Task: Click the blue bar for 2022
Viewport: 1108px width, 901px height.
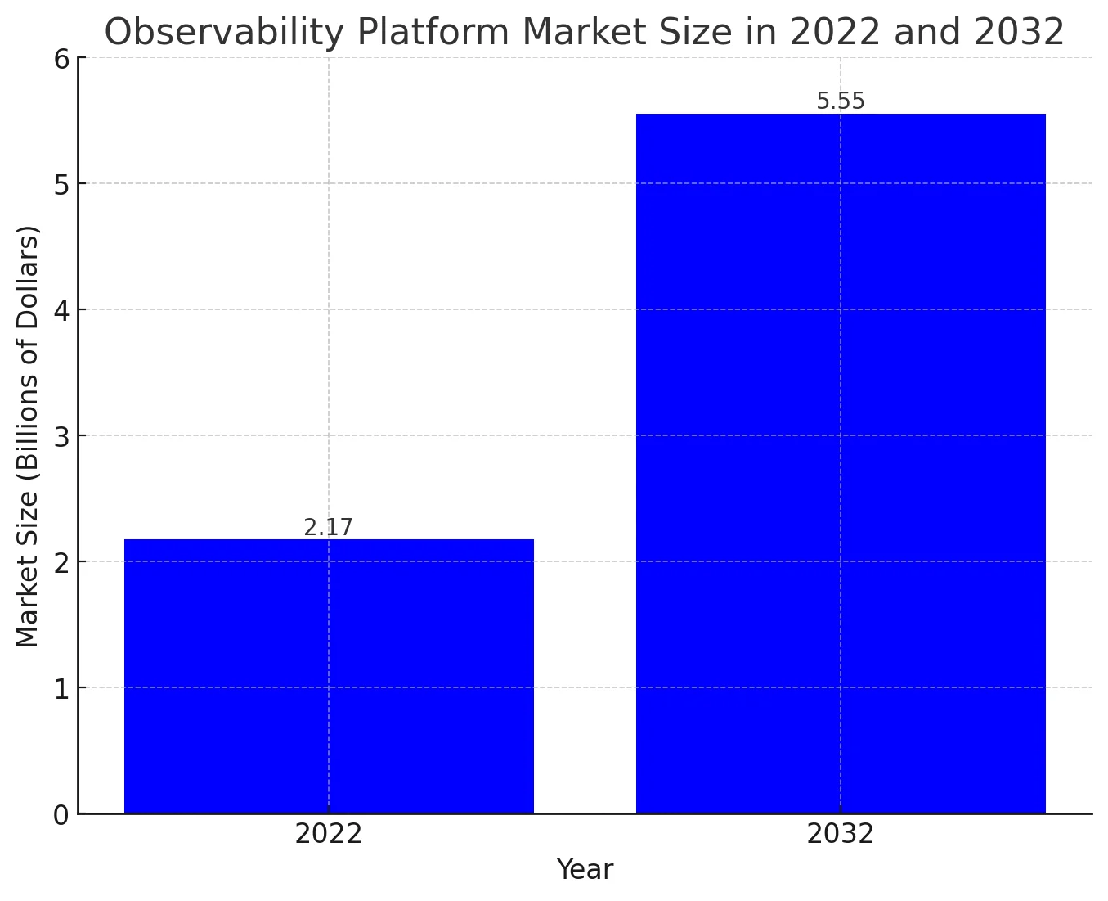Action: coord(329,676)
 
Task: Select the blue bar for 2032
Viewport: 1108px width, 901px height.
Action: coord(841,463)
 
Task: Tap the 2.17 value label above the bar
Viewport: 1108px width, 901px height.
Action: coord(328,528)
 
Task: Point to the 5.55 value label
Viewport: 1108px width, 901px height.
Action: coord(841,101)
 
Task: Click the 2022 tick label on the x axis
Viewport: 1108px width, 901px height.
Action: coord(328,835)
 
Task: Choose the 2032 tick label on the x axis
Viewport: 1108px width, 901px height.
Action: coord(841,835)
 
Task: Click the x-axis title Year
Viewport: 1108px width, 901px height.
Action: coord(585,870)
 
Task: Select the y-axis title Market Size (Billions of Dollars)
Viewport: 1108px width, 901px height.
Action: coord(28,435)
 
